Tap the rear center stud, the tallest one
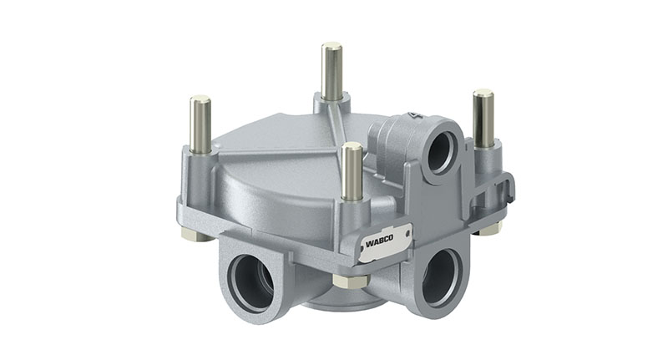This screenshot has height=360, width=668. [x=331, y=70]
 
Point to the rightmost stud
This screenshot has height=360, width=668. [x=483, y=117]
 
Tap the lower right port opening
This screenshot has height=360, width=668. [x=440, y=276]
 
